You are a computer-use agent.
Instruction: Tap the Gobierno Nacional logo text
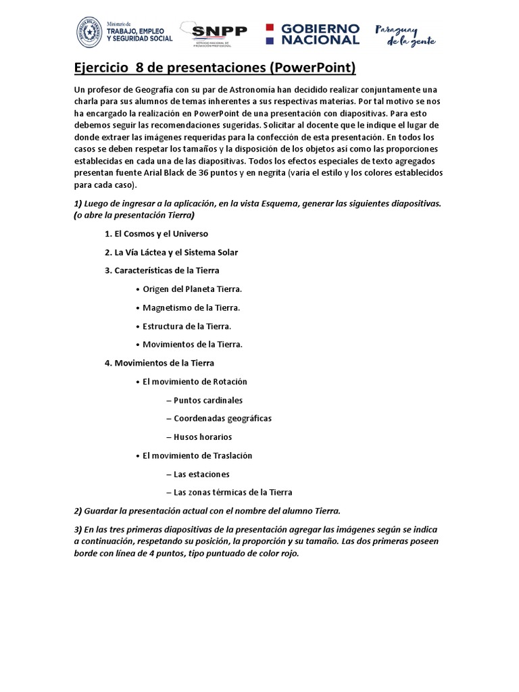click(x=320, y=34)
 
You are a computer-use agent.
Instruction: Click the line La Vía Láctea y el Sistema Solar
click(x=171, y=252)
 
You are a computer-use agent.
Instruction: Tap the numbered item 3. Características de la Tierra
click(x=162, y=270)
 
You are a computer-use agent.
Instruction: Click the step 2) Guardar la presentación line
click(x=207, y=510)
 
